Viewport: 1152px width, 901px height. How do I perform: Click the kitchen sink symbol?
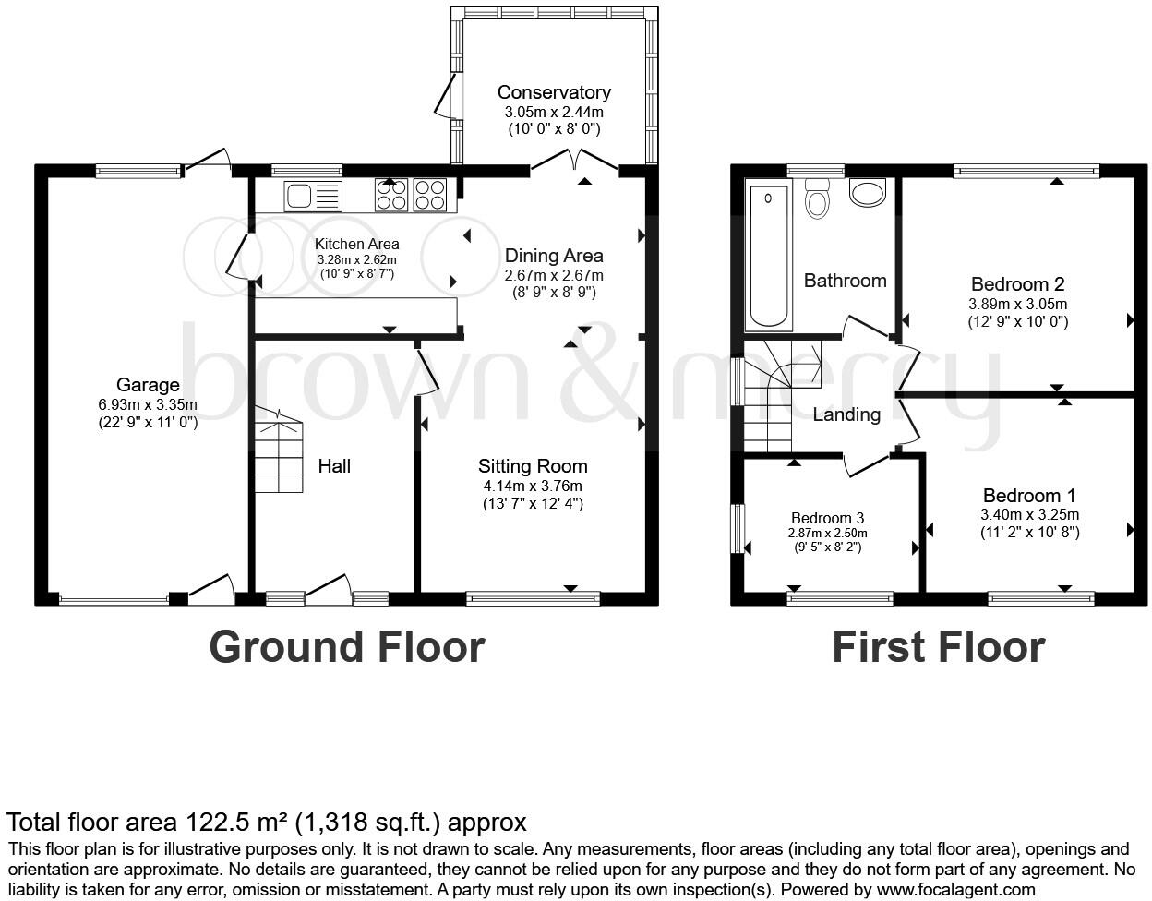313,196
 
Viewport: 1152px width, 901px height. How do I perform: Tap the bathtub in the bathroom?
769,256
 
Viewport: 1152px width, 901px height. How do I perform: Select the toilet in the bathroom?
817,198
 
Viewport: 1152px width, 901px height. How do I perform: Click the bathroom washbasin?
866,193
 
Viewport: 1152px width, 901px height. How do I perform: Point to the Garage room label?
148,385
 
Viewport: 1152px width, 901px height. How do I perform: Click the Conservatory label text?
554,92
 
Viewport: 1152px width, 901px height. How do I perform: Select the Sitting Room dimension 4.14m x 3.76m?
532,486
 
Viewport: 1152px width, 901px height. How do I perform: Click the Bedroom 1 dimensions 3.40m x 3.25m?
1029,515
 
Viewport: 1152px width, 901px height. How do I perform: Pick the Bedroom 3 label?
827,518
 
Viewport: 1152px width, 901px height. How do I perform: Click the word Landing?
846,414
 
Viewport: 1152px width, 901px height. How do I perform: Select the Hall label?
334,466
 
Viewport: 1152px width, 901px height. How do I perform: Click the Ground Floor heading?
346,647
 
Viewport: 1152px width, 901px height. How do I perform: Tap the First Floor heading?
938,647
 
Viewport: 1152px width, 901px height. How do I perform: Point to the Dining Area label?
554,256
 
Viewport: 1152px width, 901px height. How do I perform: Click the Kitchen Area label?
357,244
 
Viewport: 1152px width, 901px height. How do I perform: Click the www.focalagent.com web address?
955,890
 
